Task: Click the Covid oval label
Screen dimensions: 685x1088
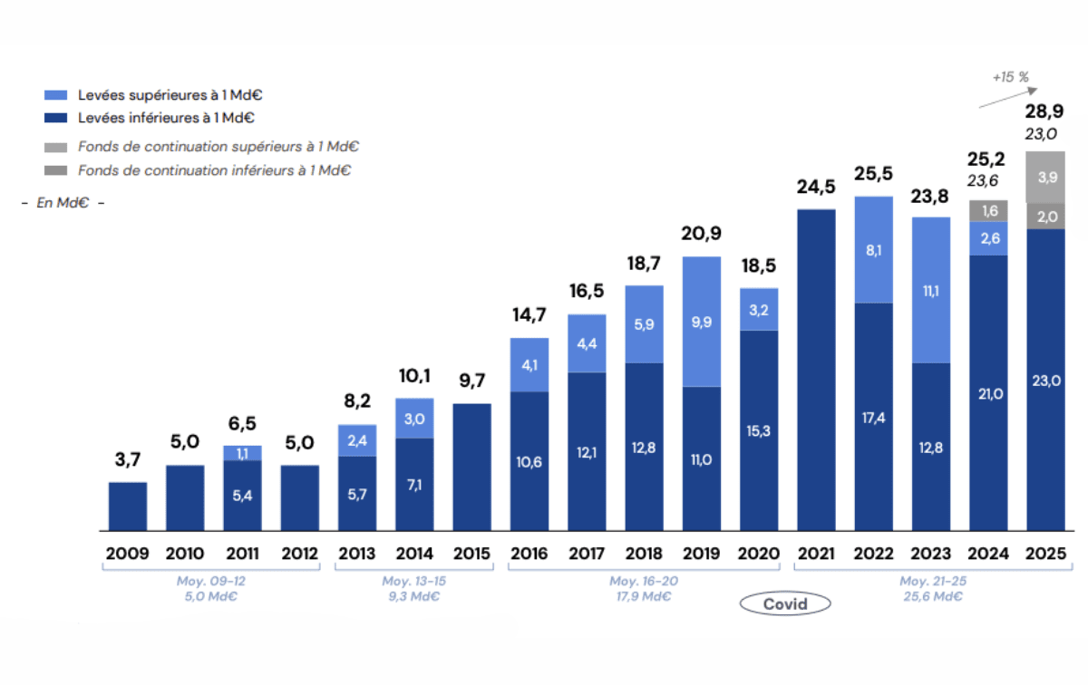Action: tap(785, 604)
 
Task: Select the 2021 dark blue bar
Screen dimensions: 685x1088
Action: tap(816, 370)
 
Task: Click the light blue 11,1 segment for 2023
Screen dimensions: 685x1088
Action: tap(930, 290)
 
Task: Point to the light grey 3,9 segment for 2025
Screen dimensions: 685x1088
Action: tap(1044, 178)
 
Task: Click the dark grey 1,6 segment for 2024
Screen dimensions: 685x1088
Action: tap(987, 211)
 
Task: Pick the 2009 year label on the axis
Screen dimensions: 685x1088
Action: tap(128, 554)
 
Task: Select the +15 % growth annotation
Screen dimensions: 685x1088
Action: tap(1009, 77)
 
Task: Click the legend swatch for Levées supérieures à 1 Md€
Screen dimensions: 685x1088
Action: tap(55, 94)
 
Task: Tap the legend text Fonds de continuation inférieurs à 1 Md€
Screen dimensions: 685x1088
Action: tap(214, 169)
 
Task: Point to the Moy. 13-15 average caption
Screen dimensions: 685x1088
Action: tap(414, 588)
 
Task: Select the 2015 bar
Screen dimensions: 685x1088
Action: tap(471, 467)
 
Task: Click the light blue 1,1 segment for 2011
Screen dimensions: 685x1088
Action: tap(242, 453)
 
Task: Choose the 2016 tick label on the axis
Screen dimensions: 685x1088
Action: tap(529, 554)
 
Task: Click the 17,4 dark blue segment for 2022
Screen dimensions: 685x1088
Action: tap(873, 417)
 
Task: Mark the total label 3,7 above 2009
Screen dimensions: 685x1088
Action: tap(128, 460)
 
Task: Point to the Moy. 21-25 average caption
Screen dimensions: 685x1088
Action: tap(930, 588)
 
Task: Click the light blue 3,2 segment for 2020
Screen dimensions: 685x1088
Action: tap(758, 309)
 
